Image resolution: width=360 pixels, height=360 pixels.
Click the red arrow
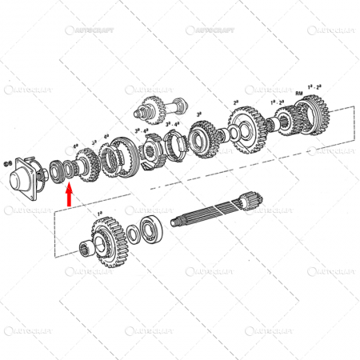[x=70, y=194]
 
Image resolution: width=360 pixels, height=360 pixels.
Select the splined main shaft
[x=216, y=216]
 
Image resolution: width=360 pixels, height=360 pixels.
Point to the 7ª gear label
[x=100, y=214]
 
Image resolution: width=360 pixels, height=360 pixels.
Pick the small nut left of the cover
[x=8, y=166]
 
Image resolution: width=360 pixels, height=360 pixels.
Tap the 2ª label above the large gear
[x=236, y=102]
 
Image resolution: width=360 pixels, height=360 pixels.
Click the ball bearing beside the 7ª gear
[x=151, y=229]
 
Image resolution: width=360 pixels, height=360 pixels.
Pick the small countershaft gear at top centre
[x=154, y=105]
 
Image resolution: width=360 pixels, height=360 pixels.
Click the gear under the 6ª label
[x=82, y=164]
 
